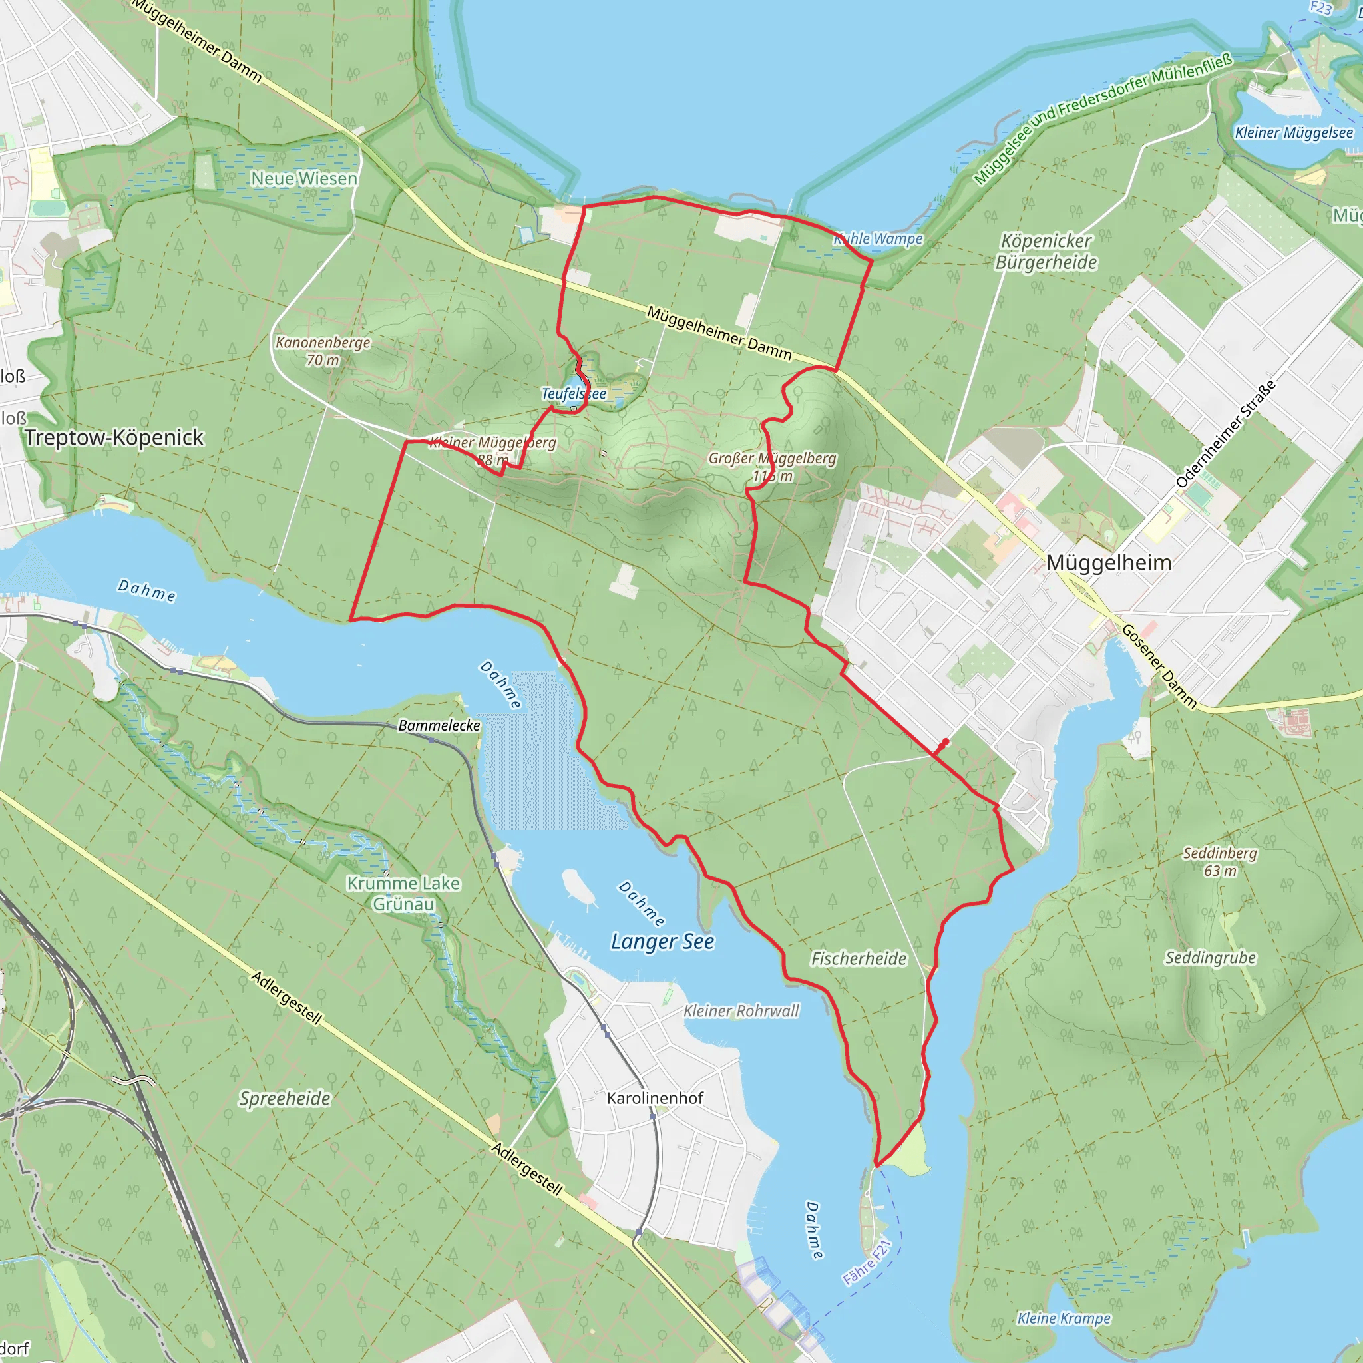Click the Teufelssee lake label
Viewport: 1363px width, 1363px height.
(x=573, y=394)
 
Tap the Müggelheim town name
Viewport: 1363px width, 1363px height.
(x=1107, y=563)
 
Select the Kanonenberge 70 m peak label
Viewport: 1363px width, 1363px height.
(x=322, y=351)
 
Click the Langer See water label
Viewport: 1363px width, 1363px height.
(x=662, y=942)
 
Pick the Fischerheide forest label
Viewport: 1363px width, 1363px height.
(x=858, y=959)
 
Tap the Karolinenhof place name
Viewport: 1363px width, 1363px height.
(x=655, y=1098)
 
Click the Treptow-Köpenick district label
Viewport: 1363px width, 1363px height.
(x=114, y=437)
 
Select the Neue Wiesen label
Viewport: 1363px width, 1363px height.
(x=303, y=178)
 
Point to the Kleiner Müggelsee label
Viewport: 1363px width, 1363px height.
(x=1293, y=132)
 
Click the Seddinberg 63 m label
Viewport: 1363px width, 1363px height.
(x=1220, y=861)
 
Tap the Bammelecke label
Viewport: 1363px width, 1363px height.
(x=439, y=725)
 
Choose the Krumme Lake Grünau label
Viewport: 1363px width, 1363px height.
(x=403, y=894)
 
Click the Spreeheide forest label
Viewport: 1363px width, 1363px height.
(x=284, y=1098)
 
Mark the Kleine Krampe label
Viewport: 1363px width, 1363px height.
(x=1063, y=1318)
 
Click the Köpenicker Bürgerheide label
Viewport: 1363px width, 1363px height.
(x=1046, y=252)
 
